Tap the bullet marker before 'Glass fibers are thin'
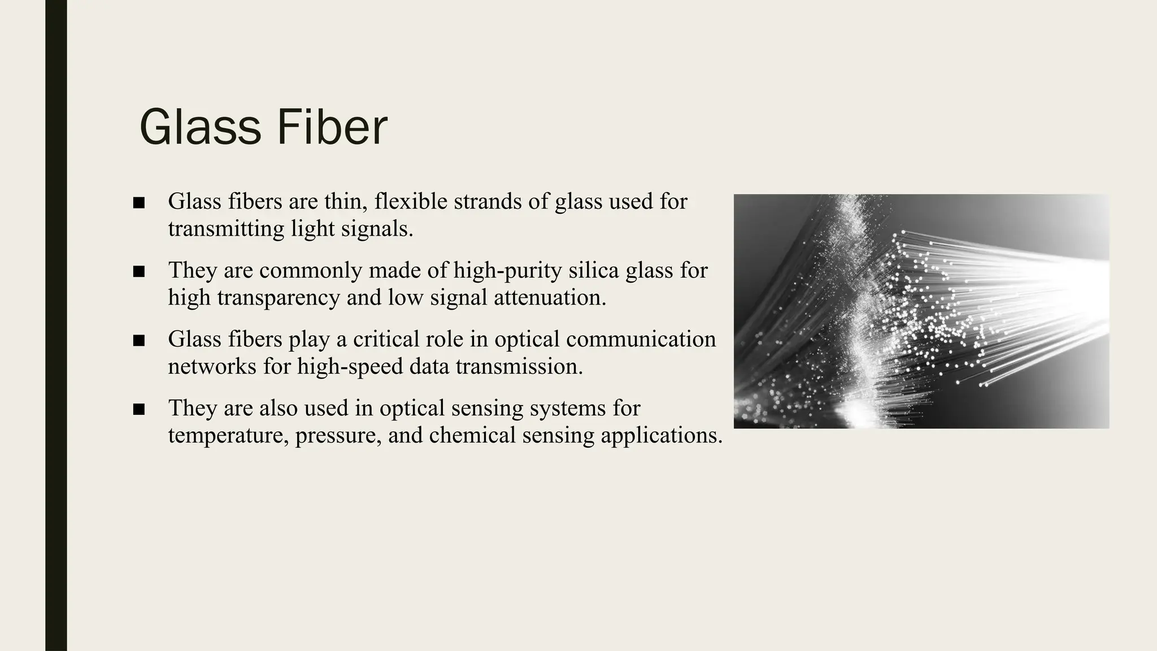pyautogui.click(x=139, y=203)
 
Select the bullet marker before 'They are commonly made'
pyautogui.click(x=139, y=272)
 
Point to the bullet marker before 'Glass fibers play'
pyautogui.click(x=139, y=341)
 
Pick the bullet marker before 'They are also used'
pyautogui.click(x=139, y=410)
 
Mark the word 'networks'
pyautogui.click(x=212, y=367)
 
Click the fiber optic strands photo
pyautogui.click(x=921, y=311)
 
